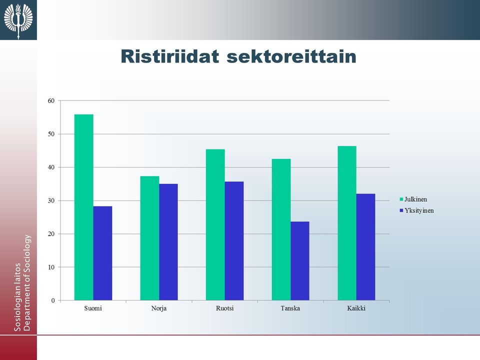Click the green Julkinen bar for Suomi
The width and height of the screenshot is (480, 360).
84,207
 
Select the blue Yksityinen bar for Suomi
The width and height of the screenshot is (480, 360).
102,253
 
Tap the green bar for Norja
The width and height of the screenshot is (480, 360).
149,238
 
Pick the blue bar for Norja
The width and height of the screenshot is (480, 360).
168,242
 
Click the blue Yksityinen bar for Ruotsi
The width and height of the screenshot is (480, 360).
234,241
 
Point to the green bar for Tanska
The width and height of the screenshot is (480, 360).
281,229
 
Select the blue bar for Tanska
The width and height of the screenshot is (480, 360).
300,261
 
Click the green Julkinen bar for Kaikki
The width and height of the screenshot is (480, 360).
347,223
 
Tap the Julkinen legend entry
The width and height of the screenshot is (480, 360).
413,199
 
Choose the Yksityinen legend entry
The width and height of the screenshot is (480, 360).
416,210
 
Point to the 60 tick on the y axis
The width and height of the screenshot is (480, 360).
51,100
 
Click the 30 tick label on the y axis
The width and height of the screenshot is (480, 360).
51,200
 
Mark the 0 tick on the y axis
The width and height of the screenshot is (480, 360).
53,300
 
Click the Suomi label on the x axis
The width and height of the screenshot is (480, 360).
93,308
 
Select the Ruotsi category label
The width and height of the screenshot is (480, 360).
224,308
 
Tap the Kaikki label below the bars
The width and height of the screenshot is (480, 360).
356,308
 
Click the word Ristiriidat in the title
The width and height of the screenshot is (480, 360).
170,56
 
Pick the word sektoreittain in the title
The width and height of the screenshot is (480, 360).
291,56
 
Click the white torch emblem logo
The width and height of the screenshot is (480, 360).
18,20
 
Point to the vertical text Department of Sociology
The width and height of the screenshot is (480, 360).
27,282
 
